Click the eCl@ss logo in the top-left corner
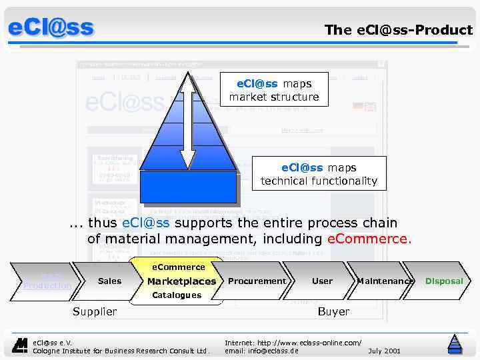coord(51,28)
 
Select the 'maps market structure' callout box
coord(274,90)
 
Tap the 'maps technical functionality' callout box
coord(319,174)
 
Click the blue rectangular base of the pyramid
coord(188,186)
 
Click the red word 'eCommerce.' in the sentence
coord(370,239)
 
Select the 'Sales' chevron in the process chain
coord(109,281)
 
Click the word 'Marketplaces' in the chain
coord(181,281)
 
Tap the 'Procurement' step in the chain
coord(257,281)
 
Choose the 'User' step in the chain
coord(322,281)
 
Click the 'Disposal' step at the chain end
coord(444,281)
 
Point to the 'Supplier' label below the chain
coord(95,311)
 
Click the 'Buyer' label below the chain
coord(333,311)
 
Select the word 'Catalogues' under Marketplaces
coord(177,295)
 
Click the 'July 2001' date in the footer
coord(384,350)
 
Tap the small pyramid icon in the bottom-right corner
coord(455,343)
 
